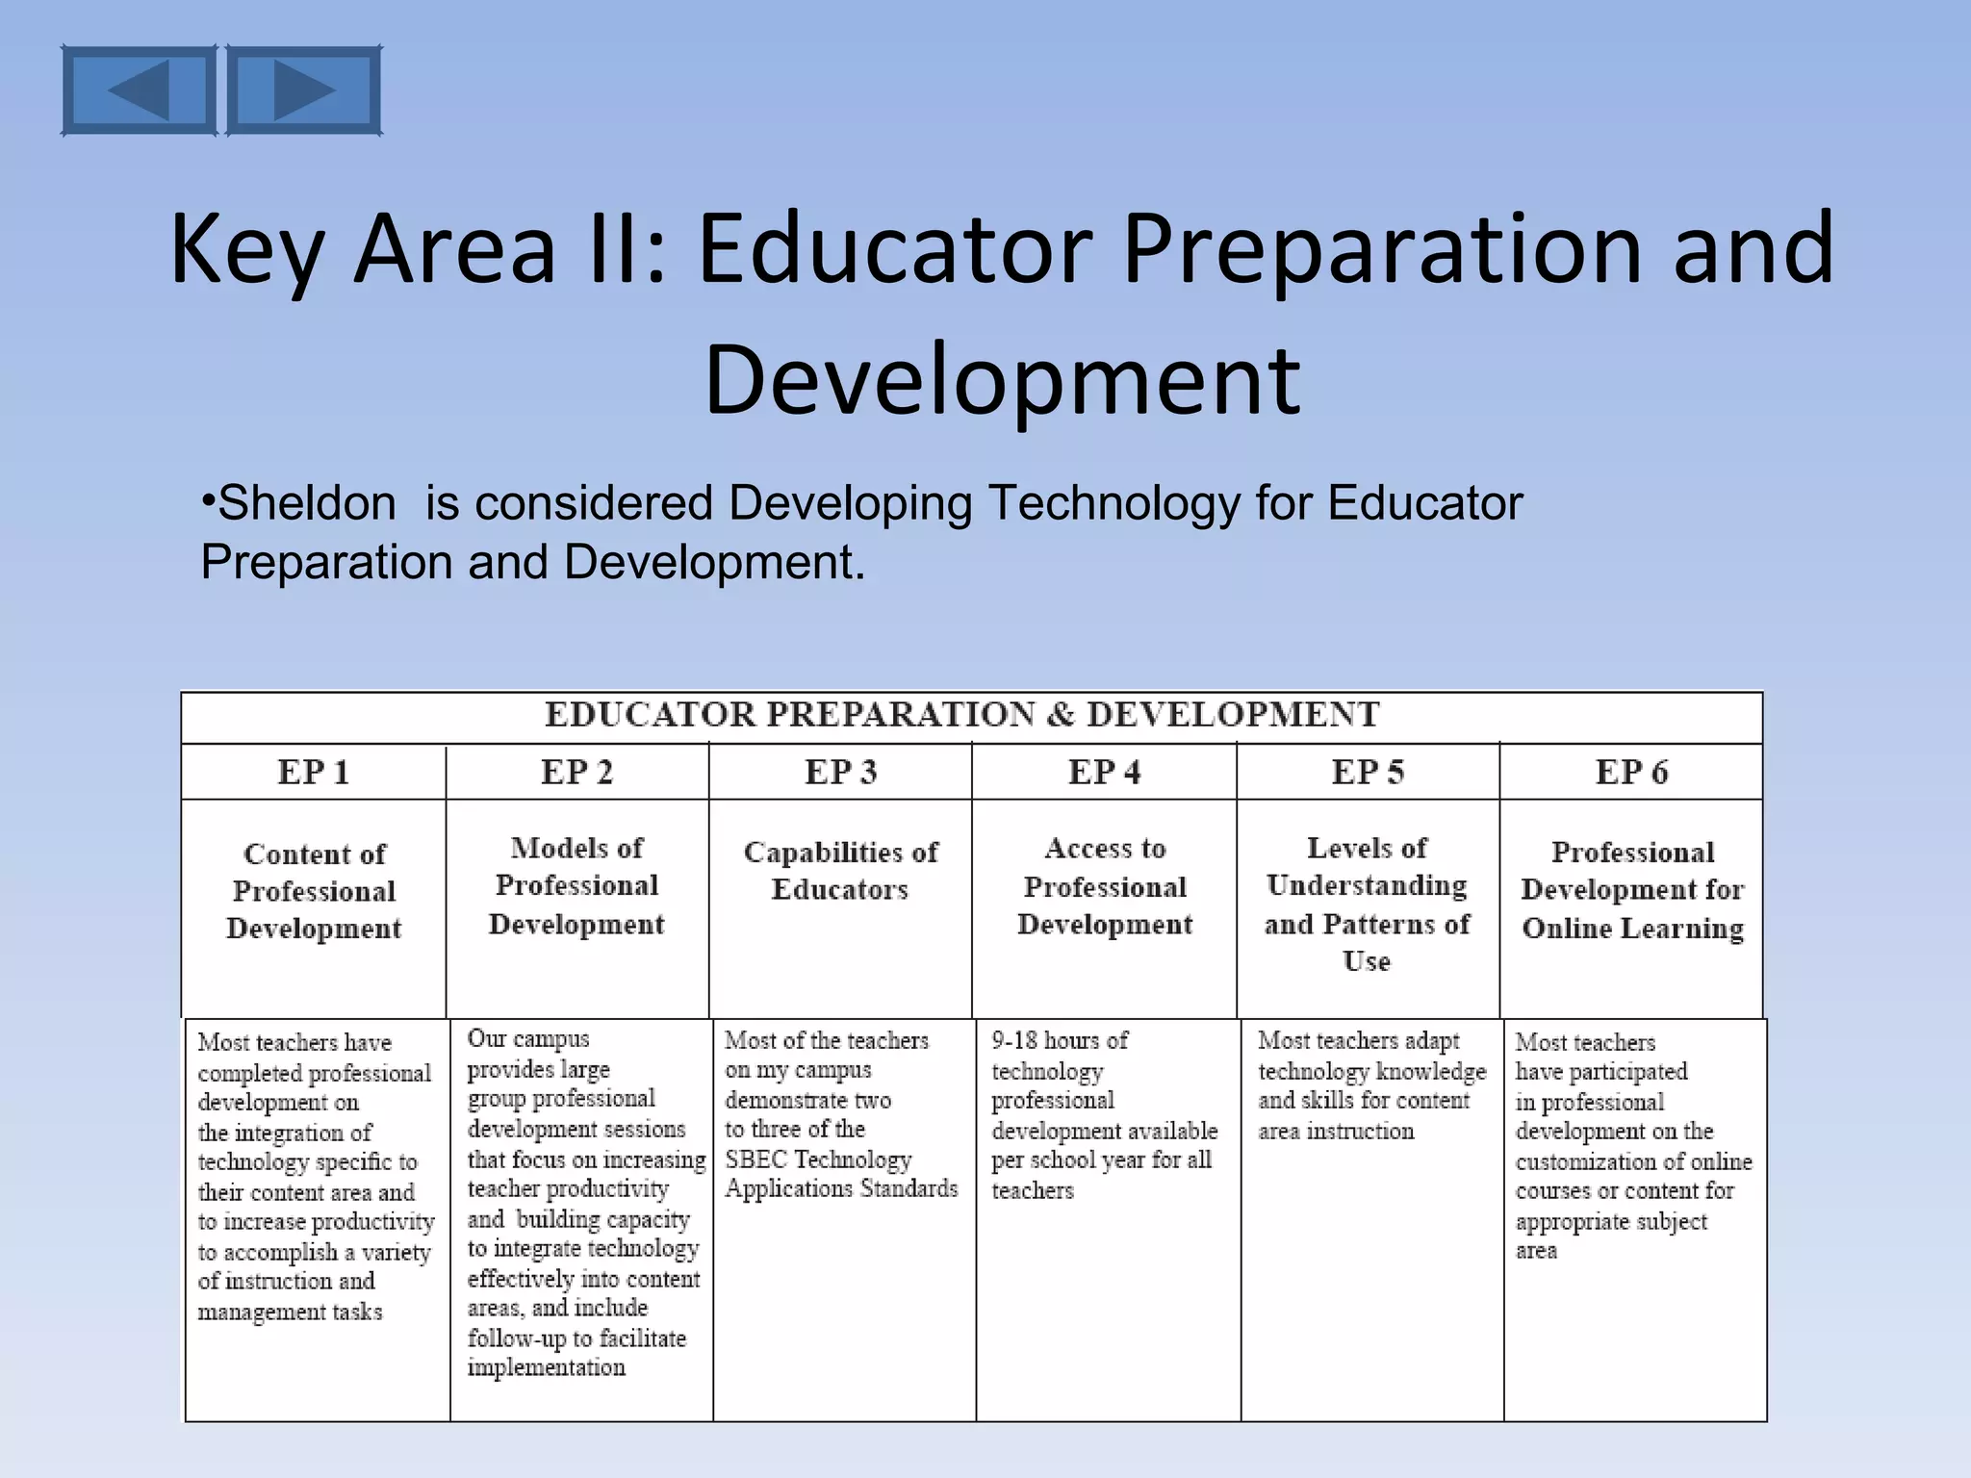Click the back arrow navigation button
(139, 90)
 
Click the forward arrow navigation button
(303, 90)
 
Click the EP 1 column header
(313, 772)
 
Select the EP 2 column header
(576, 772)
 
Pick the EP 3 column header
(840, 772)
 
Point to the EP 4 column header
(1104, 772)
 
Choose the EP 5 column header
(1368, 772)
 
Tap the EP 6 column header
(1631, 772)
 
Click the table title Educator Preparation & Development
(962, 715)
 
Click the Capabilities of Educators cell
(840, 871)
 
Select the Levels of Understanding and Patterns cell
(1367, 905)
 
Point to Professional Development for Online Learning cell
(1632, 890)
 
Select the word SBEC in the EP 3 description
(756, 1159)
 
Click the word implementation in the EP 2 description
(546, 1367)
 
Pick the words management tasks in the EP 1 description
(290, 1312)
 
